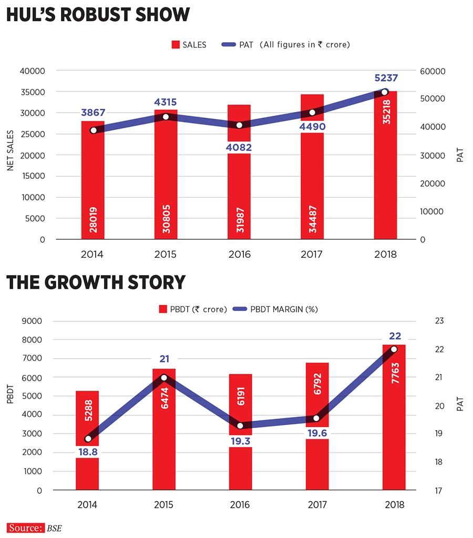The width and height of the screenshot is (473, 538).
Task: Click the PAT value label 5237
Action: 386,78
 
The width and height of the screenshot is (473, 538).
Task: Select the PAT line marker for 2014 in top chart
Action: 94,130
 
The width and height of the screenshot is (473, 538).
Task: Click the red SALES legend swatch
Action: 176,45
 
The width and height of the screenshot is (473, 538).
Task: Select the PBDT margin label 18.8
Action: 87,451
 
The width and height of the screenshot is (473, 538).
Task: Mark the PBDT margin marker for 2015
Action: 164,378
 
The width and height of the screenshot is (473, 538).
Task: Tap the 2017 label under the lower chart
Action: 317,505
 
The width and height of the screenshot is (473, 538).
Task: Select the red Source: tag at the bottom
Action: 25,527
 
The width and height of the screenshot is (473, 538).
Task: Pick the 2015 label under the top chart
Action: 166,255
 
